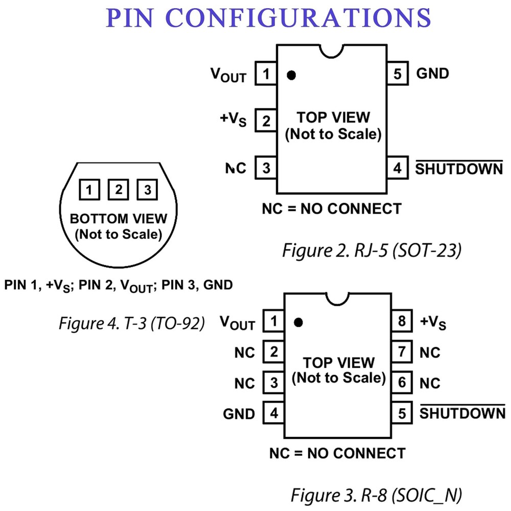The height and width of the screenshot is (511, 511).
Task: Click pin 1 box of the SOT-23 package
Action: point(266,75)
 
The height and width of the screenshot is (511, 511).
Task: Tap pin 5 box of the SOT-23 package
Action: point(397,74)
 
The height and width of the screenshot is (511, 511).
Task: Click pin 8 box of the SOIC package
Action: point(402,322)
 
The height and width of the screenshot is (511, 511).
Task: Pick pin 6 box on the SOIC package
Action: point(402,382)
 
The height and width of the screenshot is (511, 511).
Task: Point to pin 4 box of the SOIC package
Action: point(274,413)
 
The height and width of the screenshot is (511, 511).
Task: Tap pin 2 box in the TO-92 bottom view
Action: point(118,191)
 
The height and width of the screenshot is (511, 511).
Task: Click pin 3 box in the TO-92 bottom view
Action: point(147,191)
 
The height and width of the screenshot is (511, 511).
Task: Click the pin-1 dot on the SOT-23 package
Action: point(291,75)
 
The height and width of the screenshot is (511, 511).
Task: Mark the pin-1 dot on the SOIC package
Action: point(299,322)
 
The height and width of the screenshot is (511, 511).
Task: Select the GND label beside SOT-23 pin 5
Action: point(432,74)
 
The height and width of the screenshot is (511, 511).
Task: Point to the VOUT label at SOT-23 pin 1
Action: point(228,75)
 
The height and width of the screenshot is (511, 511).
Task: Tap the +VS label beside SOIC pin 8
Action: point(433,322)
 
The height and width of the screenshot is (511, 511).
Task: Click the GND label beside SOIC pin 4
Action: point(239,413)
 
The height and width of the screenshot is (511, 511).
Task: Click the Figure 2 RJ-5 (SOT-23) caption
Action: point(373,251)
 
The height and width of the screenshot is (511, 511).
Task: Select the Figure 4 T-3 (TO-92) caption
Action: point(132,323)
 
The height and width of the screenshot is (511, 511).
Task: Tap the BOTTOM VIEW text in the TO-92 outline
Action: point(118,219)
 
